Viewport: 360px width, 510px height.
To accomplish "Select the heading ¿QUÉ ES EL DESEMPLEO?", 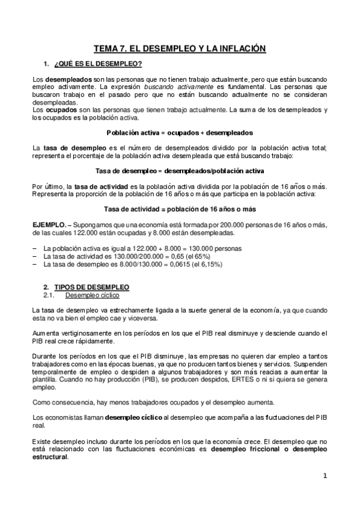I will pyautogui.click(x=98, y=64).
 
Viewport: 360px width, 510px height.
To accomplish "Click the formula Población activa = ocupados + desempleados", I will pyautogui.click(x=180, y=132).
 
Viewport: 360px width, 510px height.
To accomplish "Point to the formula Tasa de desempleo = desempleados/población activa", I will pyautogui.click(x=180, y=171).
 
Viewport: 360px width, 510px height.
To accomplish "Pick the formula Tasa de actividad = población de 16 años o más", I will pyautogui.click(x=180, y=209).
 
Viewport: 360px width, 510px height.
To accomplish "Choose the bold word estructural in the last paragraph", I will pyautogui.click(x=50, y=456).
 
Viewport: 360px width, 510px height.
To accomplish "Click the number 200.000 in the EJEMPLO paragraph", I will pyautogui.click(x=207, y=224).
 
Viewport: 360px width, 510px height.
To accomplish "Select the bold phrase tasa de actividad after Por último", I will pyautogui.click(x=99, y=186).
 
